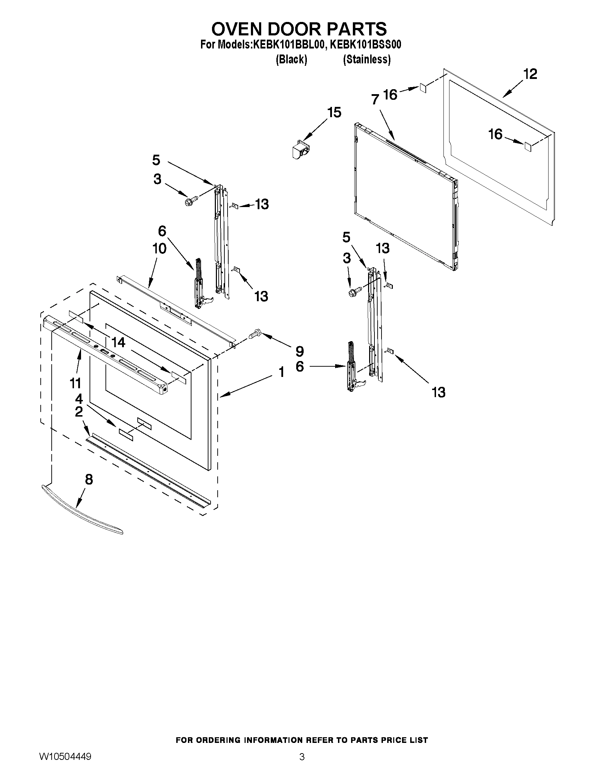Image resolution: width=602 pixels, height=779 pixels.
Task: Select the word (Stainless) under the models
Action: click(366, 59)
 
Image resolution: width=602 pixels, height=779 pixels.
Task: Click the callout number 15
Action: click(334, 112)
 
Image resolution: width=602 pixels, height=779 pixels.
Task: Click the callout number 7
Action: click(374, 100)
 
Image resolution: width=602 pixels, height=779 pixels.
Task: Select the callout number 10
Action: click(159, 248)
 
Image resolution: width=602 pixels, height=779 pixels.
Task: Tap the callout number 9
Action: click(299, 351)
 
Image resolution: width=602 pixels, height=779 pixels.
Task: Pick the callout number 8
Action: click(88, 479)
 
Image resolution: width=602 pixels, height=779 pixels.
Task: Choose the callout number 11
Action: click(75, 383)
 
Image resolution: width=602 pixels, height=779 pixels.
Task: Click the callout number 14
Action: click(118, 342)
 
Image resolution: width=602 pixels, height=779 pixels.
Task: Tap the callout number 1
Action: click(281, 372)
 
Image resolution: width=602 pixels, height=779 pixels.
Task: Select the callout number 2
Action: click(79, 412)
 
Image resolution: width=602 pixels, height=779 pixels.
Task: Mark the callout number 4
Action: click(79, 399)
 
